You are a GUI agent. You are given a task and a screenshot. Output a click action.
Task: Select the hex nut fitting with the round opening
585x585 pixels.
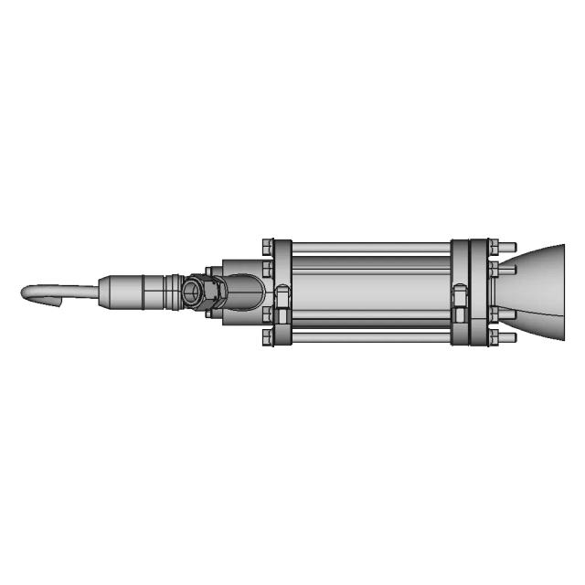pyautogui.click(x=195, y=292)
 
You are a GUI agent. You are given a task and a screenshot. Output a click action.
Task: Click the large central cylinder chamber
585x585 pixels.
pyautogui.click(x=370, y=292)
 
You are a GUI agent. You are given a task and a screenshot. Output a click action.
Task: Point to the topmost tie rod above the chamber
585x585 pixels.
pyautogui.click(x=370, y=246)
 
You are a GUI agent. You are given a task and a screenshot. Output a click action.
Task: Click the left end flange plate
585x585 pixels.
pyautogui.click(x=283, y=292)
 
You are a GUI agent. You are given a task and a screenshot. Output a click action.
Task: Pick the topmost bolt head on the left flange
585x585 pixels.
pyautogui.click(x=267, y=245)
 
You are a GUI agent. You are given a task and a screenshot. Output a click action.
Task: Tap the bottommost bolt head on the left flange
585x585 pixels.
pyautogui.click(x=267, y=340)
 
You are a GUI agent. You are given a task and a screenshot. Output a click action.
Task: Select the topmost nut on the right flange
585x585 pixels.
pyautogui.click(x=495, y=246)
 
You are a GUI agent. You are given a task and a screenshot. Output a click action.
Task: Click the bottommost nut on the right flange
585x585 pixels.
pyautogui.click(x=495, y=339)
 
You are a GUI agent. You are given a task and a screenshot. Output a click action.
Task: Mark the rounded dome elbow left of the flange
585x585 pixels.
pyautogui.click(x=245, y=292)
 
